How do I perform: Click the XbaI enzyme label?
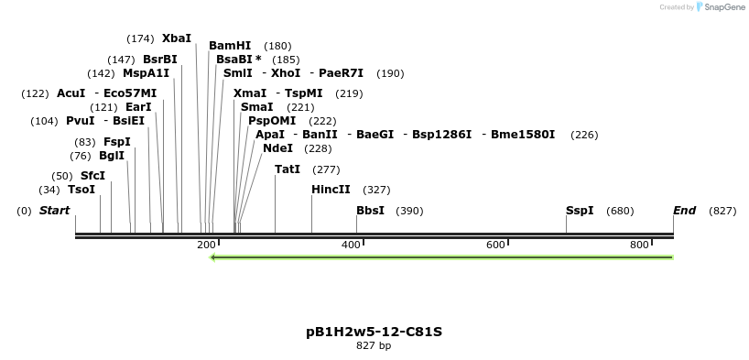177,38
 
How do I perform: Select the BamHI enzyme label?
230,46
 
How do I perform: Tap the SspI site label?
580,211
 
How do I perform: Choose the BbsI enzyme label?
370,211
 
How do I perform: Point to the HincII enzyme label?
331,191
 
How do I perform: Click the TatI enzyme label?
288,169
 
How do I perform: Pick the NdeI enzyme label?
277,148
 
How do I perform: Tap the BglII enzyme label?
112,156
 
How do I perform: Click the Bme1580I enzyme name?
523,135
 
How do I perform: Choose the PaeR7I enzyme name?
341,73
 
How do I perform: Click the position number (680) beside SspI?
620,211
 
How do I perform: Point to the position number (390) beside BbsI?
409,211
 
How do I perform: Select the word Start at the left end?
54,211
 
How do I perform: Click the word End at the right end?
685,211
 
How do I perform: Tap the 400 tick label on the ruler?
351,245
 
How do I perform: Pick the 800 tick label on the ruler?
639,245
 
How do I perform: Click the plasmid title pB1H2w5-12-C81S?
374,331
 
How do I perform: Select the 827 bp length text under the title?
374,346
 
